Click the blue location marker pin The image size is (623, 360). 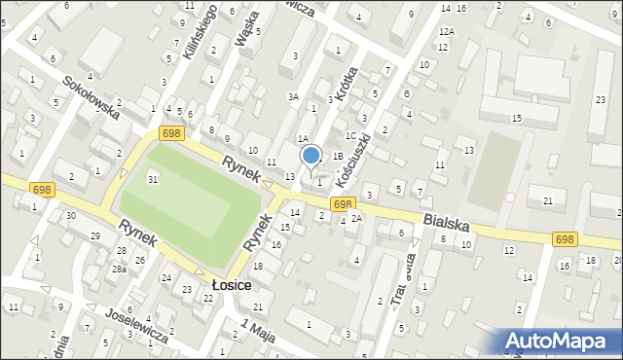311,156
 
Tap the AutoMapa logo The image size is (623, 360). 558,340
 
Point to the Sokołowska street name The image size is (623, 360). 92,97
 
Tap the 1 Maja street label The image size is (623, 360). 258,327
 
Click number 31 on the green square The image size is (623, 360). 153,179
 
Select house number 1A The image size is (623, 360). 303,140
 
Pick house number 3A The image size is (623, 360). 292,96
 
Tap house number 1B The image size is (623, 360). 337,156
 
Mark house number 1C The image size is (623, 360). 350,135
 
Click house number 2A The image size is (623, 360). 356,218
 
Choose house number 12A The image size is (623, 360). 446,31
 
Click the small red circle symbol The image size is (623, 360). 509,197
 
